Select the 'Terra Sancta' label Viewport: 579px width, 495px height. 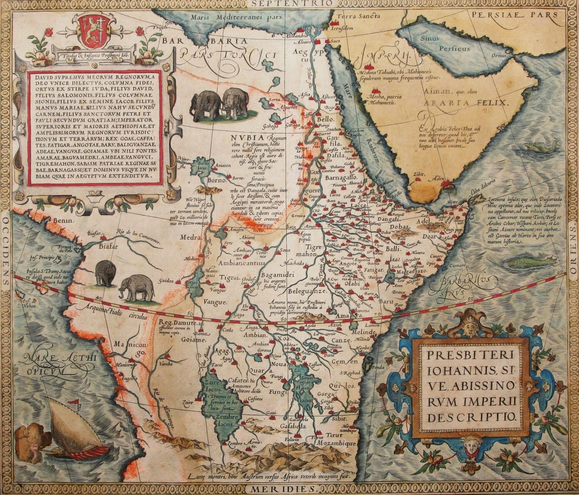point(358,16)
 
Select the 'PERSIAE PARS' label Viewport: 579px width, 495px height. point(516,15)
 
